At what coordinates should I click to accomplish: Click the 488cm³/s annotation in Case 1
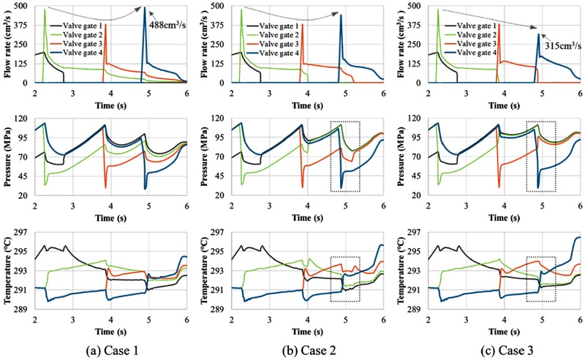click(168, 25)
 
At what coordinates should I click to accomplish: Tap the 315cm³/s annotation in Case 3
click(563, 46)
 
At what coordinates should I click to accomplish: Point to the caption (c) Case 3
click(503, 350)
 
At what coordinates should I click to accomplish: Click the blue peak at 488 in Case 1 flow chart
click(145, 7)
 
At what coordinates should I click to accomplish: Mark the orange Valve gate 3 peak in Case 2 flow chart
click(302, 24)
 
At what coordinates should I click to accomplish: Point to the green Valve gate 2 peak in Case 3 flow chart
click(438, 10)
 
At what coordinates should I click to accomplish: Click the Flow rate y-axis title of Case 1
click(7, 44)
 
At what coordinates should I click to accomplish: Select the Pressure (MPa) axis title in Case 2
click(204, 157)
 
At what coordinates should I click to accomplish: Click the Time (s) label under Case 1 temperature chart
click(110, 332)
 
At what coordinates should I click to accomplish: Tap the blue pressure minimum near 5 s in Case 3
click(538, 187)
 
